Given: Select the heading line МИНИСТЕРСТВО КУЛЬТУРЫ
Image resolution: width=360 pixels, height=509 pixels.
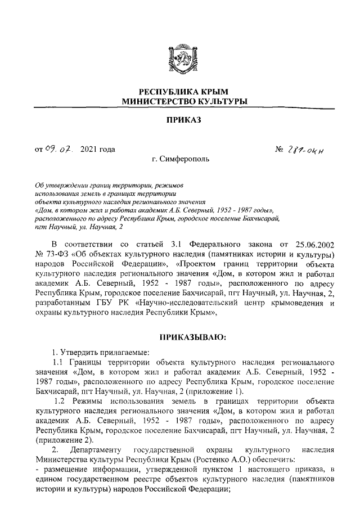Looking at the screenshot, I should tap(179, 101).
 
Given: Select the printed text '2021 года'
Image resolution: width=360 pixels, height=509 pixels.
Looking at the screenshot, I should tap(98, 149).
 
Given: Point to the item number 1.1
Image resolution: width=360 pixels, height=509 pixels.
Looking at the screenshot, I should tap(60, 363).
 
